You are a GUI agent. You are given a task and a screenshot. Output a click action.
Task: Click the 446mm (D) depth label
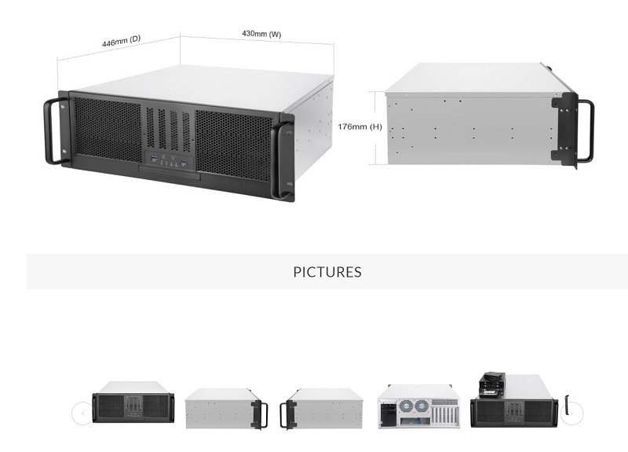pos(121,42)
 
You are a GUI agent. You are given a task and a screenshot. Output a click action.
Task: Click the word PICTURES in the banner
pos(327,272)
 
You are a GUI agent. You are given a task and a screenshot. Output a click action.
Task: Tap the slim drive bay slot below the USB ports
pos(169,173)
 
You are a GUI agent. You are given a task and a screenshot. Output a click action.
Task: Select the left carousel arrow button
pos(82,413)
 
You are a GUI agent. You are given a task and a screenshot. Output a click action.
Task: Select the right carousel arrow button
pos(573,413)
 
